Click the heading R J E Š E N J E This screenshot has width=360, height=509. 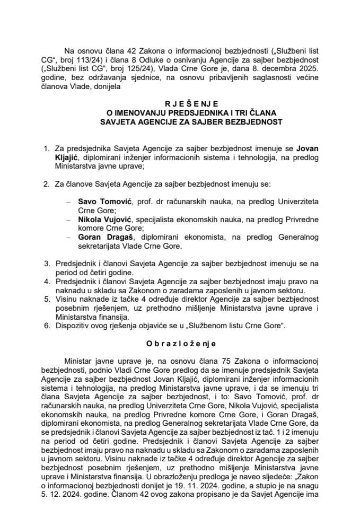(180, 105)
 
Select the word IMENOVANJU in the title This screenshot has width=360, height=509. (156, 113)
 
